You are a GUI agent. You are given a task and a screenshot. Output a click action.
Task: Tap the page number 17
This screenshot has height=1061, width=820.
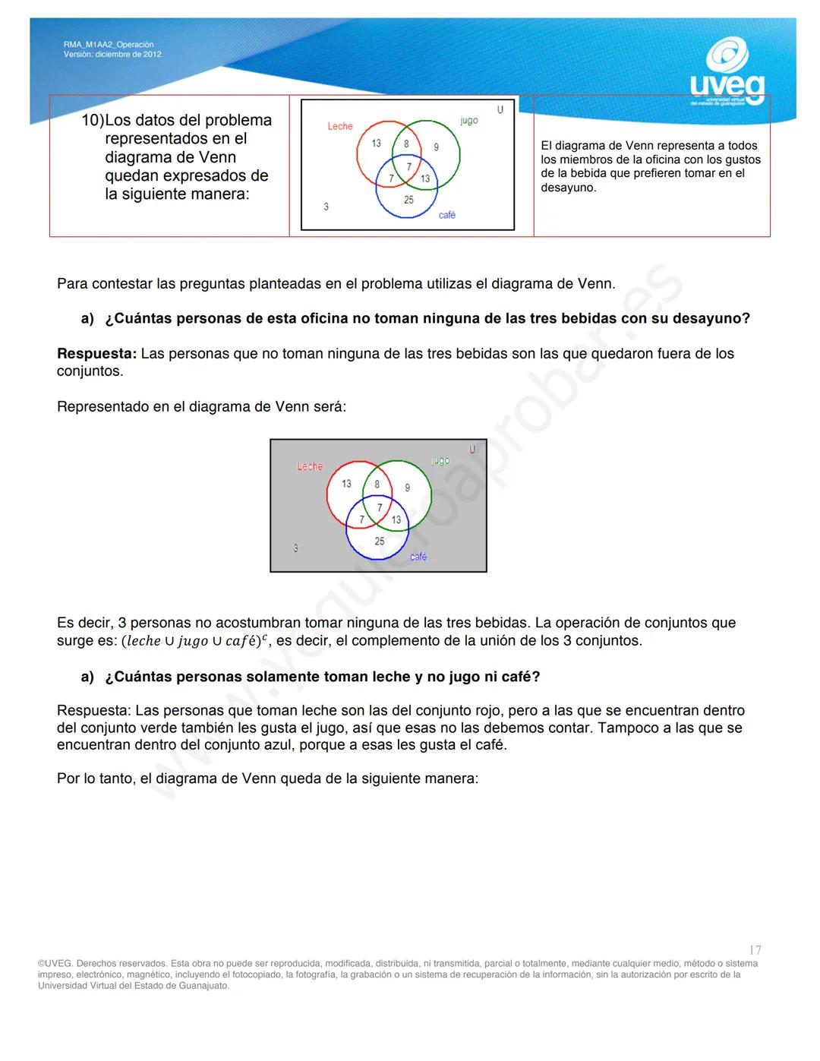(755, 950)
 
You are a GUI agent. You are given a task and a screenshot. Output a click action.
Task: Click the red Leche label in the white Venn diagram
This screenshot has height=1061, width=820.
(340, 126)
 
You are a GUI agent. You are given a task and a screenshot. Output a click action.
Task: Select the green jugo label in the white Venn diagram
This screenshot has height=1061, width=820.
(468, 120)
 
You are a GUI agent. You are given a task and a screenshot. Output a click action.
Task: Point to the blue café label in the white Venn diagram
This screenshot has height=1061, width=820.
(447, 215)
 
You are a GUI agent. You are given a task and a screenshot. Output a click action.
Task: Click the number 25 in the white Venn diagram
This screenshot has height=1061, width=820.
(408, 200)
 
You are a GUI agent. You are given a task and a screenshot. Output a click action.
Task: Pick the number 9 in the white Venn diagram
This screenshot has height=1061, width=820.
(436, 147)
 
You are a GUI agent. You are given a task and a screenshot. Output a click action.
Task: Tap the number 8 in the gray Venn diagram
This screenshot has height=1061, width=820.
(377, 484)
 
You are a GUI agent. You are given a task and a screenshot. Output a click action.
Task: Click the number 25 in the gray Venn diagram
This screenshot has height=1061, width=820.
(379, 542)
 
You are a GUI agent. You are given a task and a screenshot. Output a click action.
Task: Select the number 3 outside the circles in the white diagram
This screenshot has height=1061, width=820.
(326, 207)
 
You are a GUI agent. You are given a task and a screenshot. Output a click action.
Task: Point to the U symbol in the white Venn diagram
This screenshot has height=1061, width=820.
(500, 109)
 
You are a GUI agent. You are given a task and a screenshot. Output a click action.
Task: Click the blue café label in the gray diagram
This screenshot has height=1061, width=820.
(418, 557)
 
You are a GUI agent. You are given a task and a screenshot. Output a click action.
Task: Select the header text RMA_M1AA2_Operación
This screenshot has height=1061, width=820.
(109, 45)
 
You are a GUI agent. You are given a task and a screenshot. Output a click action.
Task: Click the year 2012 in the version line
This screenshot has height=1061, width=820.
(151, 55)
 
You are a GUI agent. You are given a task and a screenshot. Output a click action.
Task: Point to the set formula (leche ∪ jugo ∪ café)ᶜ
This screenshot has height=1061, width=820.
(196, 641)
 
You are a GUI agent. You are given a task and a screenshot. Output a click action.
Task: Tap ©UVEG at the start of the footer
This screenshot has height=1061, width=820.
(55, 964)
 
